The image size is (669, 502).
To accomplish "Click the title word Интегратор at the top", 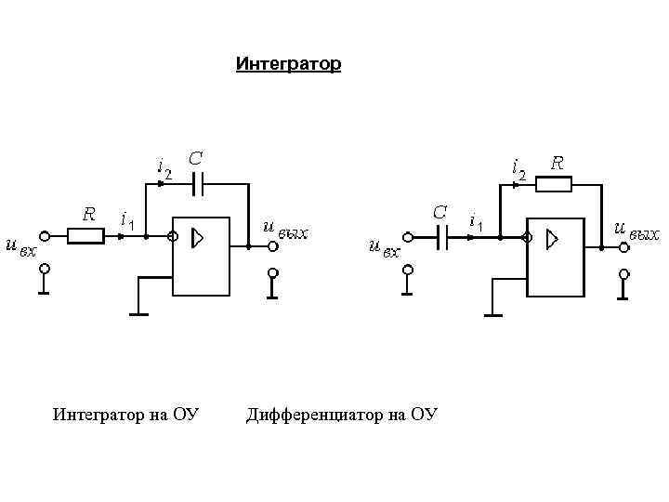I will (x=288, y=64).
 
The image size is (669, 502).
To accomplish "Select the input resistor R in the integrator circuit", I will (x=86, y=237).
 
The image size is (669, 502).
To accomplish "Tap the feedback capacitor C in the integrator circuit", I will (x=196, y=184).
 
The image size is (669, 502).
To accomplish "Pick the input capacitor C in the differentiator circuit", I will (x=441, y=238).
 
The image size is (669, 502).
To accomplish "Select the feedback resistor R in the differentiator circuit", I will (x=555, y=184).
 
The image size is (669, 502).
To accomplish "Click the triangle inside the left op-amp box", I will (x=197, y=239).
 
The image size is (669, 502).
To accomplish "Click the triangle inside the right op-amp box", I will (x=552, y=239).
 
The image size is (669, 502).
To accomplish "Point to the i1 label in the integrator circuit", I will (x=128, y=220).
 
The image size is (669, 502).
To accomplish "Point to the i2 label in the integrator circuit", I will (x=164, y=166).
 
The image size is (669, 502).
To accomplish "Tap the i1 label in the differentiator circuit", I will (x=476, y=221).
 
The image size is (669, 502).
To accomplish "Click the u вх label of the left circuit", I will (x=20, y=246).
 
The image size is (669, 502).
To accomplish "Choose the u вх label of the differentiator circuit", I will (x=383, y=247).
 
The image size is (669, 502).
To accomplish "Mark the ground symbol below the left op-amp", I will (x=138, y=313).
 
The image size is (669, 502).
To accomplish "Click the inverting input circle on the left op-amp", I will (x=173, y=237).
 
